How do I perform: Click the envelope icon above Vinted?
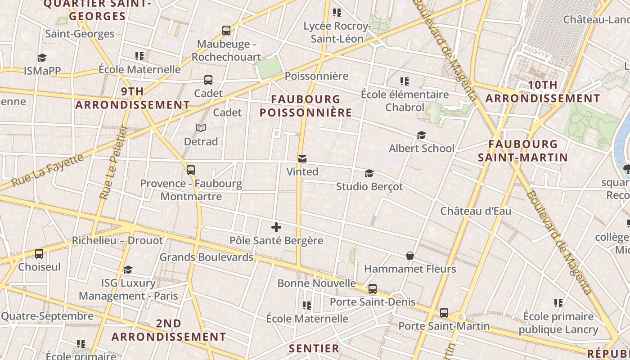(x=302, y=159)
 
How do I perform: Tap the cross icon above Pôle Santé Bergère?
(x=276, y=227)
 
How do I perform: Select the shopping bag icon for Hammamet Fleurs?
(x=410, y=256)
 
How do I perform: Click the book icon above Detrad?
(x=201, y=128)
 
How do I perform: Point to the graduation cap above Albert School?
(x=421, y=135)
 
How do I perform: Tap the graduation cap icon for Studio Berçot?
(x=369, y=173)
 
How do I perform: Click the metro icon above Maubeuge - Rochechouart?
(x=226, y=31)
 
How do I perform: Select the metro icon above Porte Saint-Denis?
(x=373, y=289)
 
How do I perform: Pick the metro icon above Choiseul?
(x=39, y=254)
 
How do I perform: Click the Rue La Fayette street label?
(x=48, y=171)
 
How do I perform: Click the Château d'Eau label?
(x=476, y=211)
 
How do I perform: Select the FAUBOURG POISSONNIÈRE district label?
(x=306, y=106)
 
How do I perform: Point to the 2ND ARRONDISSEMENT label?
(x=169, y=330)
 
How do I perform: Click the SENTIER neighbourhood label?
(x=314, y=348)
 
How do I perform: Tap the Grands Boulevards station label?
(x=207, y=257)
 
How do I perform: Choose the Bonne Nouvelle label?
(x=316, y=283)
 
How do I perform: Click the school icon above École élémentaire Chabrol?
(x=405, y=81)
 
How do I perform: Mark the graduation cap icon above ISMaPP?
(x=42, y=58)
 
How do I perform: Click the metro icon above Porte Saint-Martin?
(x=444, y=312)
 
